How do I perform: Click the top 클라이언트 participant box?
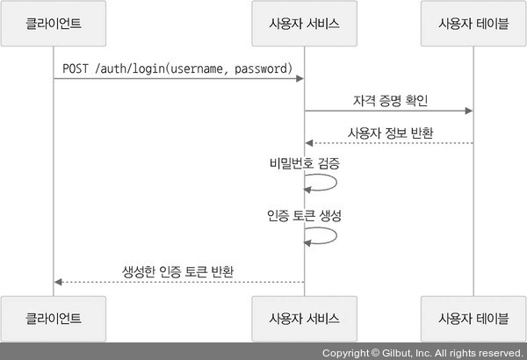54,23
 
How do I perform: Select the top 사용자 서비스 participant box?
304,23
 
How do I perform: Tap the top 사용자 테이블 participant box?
473,23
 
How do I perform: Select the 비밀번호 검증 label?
305,164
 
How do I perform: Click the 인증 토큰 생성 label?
304,215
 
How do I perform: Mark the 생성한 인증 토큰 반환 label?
178,270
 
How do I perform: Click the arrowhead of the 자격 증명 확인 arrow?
469,111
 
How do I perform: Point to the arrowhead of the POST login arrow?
300,79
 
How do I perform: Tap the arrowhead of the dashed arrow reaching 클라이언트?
58,282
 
